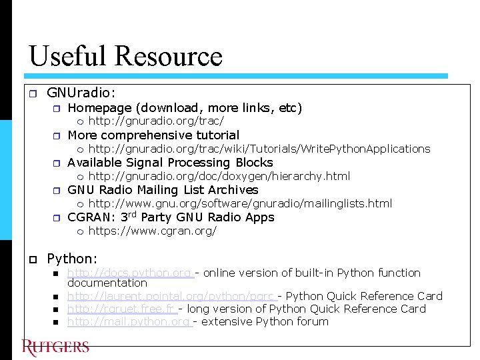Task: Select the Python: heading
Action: pos(72,258)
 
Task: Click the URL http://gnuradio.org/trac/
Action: pos(156,121)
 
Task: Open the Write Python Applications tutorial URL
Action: pos(259,149)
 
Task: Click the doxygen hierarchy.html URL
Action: pos(219,176)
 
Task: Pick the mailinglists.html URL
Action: pos(240,203)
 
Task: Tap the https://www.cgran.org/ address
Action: pos(153,231)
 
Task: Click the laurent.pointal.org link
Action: pos(171,296)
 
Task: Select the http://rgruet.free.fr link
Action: pos(121,309)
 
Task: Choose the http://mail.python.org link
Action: pos(129,321)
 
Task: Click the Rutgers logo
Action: pos(55,347)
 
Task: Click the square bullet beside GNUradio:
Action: pos(33,94)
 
